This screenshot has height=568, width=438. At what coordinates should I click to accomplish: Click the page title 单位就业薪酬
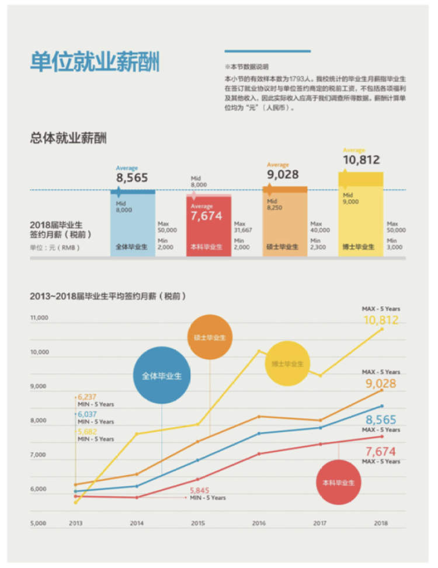pyautogui.click(x=95, y=62)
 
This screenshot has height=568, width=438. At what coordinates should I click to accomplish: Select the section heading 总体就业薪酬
pyautogui.click(x=68, y=138)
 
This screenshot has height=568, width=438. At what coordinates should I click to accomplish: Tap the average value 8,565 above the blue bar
pyautogui.click(x=132, y=178)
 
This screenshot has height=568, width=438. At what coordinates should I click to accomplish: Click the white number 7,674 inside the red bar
pyautogui.click(x=207, y=216)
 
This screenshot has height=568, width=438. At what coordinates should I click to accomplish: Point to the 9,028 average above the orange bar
pyautogui.click(x=283, y=175)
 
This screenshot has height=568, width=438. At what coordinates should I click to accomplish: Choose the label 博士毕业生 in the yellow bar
pyautogui.click(x=359, y=247)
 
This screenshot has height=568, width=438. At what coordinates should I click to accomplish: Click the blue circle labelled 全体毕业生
pyautogui.click(x=162, y=376)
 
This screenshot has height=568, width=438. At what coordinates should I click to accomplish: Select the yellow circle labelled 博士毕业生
pyautogui.click(x=287, y=363)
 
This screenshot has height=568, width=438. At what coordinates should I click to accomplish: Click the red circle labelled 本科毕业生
pyautogui.click(x=339, y=483)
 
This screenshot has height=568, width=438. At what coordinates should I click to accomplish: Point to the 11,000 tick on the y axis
pyautogui.click(x=40, y=318)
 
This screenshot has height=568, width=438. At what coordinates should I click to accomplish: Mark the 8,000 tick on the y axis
pyautogui.click(x=40, y=421)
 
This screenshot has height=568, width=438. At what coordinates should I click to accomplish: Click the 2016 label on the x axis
pyautogui.click(x=259, y=524)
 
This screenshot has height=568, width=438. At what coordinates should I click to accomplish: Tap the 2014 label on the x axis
pyautogui.click(x=137, y=524)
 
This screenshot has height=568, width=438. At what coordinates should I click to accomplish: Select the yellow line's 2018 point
pyautogui.click(x=382, y=329)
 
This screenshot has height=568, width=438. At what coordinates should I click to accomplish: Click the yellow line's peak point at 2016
pyautogui.click(x=259, y=351)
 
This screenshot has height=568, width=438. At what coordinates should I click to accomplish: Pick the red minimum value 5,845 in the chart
pyautogui.click(x=199, y=490)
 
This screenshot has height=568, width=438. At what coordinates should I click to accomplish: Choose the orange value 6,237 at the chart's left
pyautogui.click(x=88, y=396)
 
